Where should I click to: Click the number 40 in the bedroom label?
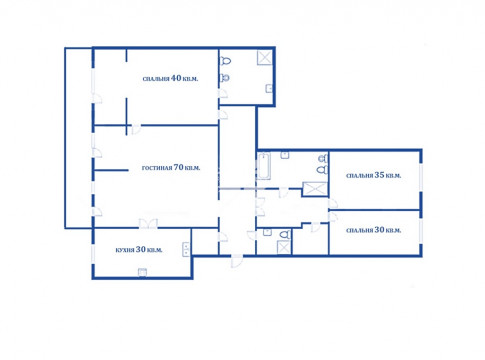[x=176, y=78]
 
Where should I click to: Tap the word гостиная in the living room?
[x=157, y=168]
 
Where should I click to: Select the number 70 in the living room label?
[x=179, y=167]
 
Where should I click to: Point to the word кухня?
[x=125, y=250]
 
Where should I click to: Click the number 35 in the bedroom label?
[x=379, y=175]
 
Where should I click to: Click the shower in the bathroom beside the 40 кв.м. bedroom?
[x=265, y=57]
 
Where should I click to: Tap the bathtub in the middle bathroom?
[x=264, y=166]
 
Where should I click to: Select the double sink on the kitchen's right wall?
[x=186, y=249]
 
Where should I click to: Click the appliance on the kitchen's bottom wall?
[x=142, y=272]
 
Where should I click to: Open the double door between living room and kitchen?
[x=148, y=224]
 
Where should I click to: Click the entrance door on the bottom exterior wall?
[x=237, y=261]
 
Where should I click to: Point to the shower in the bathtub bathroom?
[x=315, y=189]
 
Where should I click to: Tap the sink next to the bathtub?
[x=285, y=155]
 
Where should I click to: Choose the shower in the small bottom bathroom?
[x=284, y=247]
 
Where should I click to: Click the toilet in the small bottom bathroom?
[x=285, y=235]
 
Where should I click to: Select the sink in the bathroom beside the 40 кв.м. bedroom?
[x=269, y=89]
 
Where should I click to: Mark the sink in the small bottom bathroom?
[x=267, y=232]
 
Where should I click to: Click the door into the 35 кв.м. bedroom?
[x=333, y=203]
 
